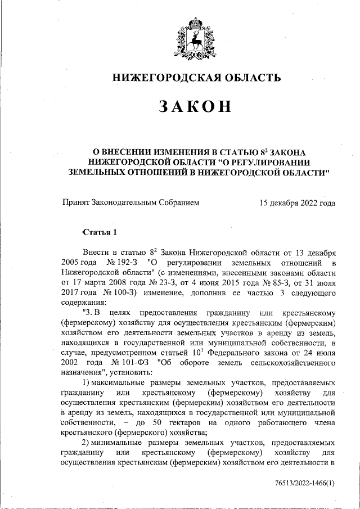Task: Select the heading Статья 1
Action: (x=100, y=232)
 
